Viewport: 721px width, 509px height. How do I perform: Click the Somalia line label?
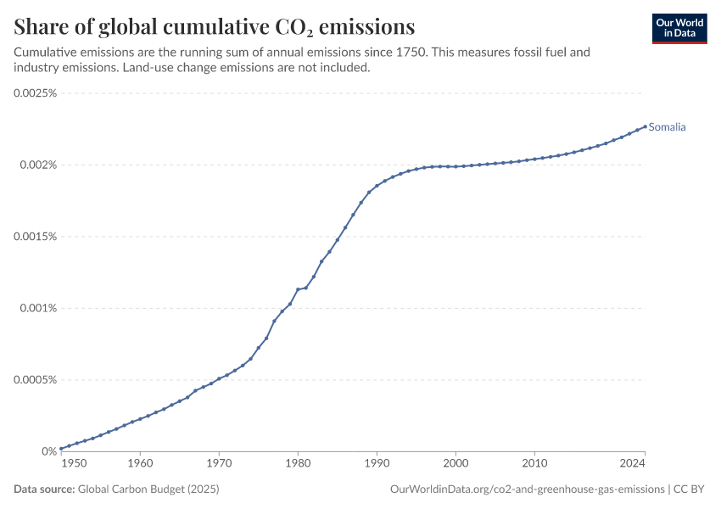point(667,127)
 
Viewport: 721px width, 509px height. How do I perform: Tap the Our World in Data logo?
point(679,29)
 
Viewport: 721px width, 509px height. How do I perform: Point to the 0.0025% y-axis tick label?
point(36,93)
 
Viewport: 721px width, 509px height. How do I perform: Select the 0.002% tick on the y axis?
point(39,165)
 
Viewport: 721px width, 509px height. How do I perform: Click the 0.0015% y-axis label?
point(36,237)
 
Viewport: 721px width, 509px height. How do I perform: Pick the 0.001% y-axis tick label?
point(39,308)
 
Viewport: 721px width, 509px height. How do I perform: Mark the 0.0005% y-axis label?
point(36,380)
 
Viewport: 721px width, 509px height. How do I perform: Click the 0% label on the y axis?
point(49,451)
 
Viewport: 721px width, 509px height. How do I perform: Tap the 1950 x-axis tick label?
point(74,463)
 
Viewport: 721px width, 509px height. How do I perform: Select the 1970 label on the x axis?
point(219,463)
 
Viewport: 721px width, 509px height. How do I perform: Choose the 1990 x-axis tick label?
point(377,463)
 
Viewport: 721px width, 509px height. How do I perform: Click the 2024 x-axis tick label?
point(632,463)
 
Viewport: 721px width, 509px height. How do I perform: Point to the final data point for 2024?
point(645,126)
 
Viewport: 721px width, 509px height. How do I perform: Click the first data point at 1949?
point(61,449)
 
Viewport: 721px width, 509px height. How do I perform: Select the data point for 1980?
point(298,289)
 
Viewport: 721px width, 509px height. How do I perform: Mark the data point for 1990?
point(377,186)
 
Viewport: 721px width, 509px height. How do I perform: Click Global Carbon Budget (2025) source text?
point(148,489)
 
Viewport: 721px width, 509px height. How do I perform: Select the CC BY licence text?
point(689,489)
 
